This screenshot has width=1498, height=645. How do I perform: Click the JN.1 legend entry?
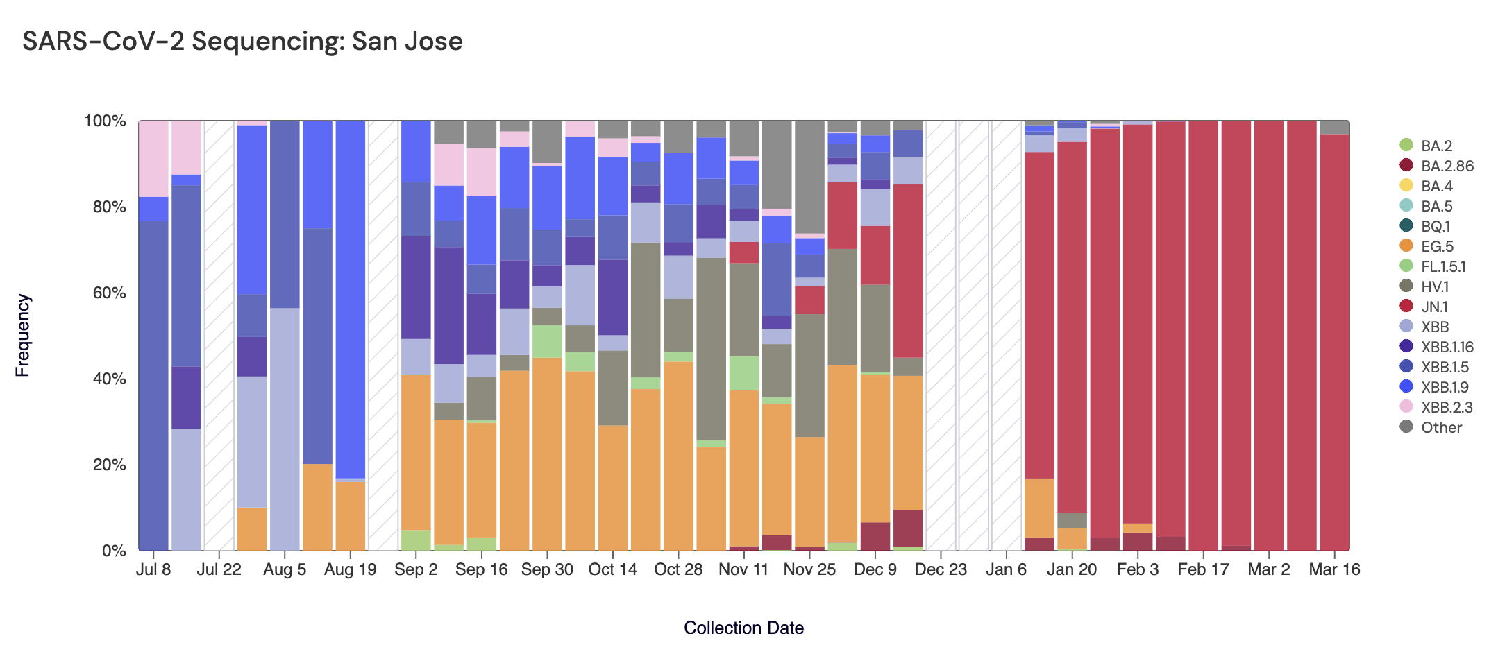[1434, 307]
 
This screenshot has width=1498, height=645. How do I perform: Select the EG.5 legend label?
[1437, 246]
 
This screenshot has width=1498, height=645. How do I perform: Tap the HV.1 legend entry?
[1435, 286]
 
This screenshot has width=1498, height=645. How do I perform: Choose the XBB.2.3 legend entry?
[1447, 407]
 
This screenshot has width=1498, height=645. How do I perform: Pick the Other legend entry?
[1441, 427]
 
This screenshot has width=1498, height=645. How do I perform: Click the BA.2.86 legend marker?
[1406, 166]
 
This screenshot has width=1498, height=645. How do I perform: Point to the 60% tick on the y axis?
[105, 293]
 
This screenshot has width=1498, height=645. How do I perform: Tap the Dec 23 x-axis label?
[941, 569]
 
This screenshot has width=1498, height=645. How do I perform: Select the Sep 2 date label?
[416, 569]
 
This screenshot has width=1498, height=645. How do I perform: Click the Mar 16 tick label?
[1334, 569]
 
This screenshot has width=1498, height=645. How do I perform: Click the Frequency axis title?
[23, 335]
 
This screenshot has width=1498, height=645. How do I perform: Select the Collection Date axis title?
[743, 628]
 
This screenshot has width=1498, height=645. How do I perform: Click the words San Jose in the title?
[407, 41]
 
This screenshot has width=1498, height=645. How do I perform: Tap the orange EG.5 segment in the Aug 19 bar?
[351, 516]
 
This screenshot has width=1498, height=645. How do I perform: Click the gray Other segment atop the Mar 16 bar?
[1334, 127]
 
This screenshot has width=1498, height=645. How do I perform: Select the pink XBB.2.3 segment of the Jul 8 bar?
[153, 158]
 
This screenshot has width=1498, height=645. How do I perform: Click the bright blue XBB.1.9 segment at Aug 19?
[351, 298]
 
